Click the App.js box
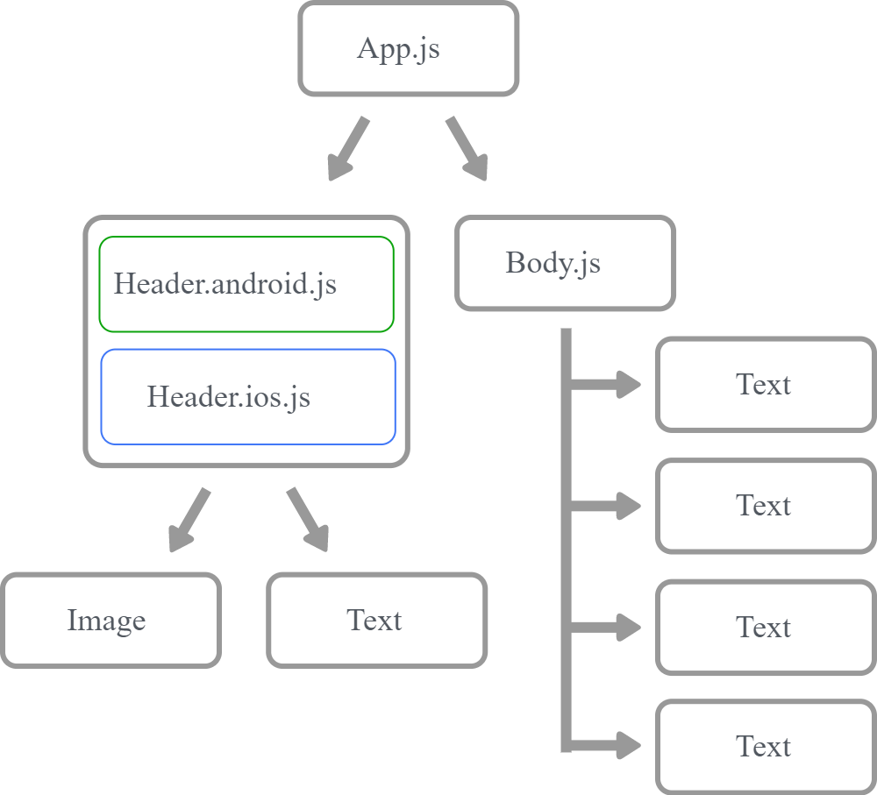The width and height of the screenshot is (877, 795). click(x=408, y=49)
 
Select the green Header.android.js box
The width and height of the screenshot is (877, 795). click(x=246, y=284)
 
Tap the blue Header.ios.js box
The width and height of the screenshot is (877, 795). click(x=248, y=397)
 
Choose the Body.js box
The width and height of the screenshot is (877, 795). click(x=565, y=263)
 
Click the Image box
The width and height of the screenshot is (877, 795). click(x=111, y=621)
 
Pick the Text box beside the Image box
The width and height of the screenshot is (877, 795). click(x=376, y=621)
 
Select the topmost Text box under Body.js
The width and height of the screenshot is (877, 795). click(x=765, y=385)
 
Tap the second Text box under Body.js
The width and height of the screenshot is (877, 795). click(x=765, y=506)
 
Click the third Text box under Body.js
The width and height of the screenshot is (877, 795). click(x=765, y=627)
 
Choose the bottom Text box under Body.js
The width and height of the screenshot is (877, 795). click(x=765, y=747)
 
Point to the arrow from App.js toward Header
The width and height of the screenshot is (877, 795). click(x=347, y=149)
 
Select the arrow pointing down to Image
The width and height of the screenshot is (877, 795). click(x=189, y=521)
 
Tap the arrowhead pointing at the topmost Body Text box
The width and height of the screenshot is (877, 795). click(x=628, y=384)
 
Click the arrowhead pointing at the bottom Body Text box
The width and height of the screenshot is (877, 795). click(x=628, y=746)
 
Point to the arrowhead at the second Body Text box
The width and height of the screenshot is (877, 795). click(x=628, y=506)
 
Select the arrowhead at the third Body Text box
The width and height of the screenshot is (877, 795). click(x=628, y=627)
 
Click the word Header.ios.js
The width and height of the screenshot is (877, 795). click(x=228, y=397)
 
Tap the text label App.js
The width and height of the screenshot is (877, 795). click(x=398, y=48)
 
